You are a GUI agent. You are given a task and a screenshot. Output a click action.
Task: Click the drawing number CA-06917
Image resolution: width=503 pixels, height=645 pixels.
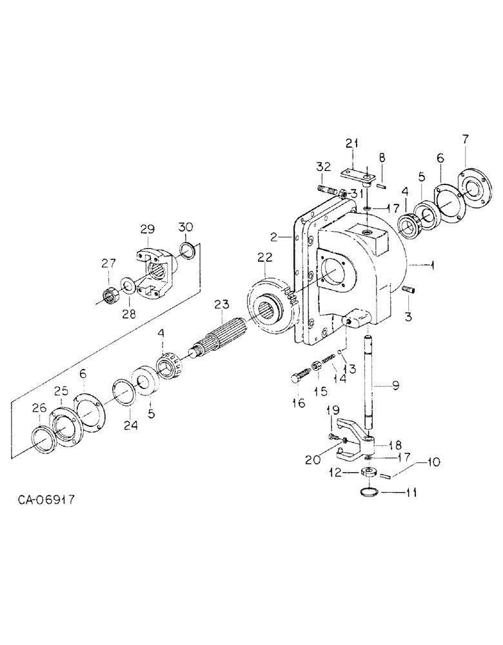click(x=48, y=500)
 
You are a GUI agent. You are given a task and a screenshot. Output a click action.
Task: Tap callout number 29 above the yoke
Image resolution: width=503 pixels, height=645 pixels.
click(x=148, y=230)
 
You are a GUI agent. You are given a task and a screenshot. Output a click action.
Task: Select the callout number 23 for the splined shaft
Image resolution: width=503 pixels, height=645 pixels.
click(x=222, y=303)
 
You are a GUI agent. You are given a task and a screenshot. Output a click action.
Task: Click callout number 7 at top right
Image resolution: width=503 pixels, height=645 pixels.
click(x=466, y=139)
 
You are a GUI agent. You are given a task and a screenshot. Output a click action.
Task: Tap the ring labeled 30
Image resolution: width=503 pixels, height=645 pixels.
click(x=186, y=249)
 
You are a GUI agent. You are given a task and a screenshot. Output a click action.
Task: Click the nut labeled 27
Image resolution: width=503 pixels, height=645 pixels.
click(x=108, y=295)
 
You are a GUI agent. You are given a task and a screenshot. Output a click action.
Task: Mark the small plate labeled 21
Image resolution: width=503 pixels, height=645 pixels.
click(x=355, y=174)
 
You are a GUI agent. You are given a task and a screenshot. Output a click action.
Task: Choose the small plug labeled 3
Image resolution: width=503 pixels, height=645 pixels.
click(x=407, y=291)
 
